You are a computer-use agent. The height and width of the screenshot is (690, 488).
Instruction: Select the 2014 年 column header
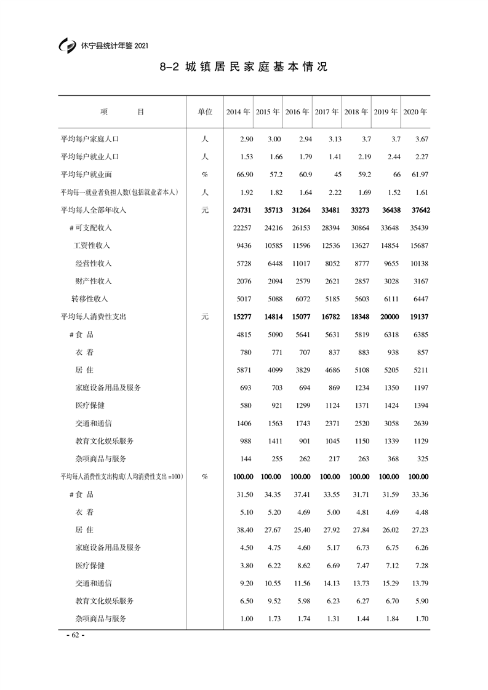pos(238,113)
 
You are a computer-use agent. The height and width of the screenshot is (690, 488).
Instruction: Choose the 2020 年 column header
pos(415,113)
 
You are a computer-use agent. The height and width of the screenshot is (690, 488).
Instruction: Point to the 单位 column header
pos(205,113)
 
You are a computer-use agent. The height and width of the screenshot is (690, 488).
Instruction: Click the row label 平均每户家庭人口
pos(90,139)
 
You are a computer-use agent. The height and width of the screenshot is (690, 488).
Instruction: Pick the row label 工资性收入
pos(92,246)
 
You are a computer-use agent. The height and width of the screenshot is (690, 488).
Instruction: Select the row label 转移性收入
pos(90,299)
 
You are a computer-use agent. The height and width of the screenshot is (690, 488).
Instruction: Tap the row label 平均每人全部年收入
pos(93,210)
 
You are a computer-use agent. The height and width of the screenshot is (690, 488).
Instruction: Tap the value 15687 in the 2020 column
pos(418,246)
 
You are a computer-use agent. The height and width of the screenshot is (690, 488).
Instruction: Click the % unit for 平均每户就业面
pos(205,175)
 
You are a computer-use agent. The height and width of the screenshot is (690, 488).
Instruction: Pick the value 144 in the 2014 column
pos(247,459)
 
